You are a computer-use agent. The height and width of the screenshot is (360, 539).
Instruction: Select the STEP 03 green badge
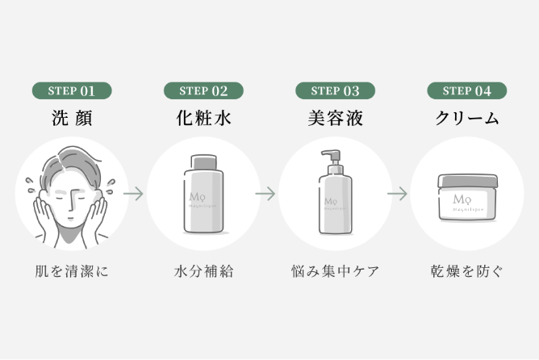click(x=336, y=90)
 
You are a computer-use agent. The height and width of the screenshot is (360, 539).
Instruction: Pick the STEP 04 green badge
click(x=466, y=90)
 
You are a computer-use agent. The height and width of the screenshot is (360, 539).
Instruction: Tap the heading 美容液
click(x=336, y=118)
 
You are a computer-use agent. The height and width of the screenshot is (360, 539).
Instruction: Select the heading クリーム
click(x=466, y=118)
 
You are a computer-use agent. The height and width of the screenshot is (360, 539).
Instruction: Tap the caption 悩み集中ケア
click(x=336, y=271)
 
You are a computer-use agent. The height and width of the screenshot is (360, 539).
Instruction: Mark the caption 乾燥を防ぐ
click(x=466, y=271)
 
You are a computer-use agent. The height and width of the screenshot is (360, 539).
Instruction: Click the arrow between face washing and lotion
click(x=134, y=194)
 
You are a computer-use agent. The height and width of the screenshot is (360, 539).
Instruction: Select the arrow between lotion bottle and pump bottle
click(x=265, y=194)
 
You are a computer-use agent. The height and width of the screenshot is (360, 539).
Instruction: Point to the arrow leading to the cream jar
click(x=397, y=194)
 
